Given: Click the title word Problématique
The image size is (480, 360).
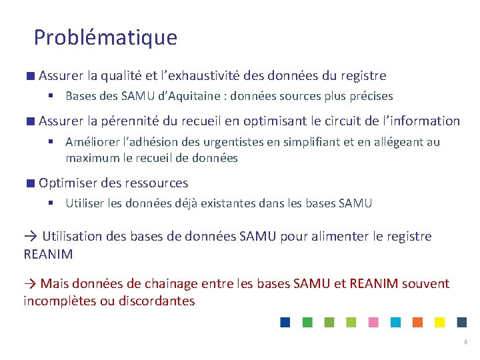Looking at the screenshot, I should [x=105, y=37].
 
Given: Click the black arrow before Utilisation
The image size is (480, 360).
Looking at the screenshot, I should [x=31, y=236].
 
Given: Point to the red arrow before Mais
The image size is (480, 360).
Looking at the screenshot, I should [x=31, y=284].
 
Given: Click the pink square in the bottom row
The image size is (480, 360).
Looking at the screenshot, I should [x=373, y=322].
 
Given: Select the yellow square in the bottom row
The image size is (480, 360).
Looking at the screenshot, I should [x=439, y=322].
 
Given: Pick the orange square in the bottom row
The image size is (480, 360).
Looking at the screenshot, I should [x=417, y=322].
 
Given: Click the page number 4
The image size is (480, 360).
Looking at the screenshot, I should [x=465, y=342].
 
